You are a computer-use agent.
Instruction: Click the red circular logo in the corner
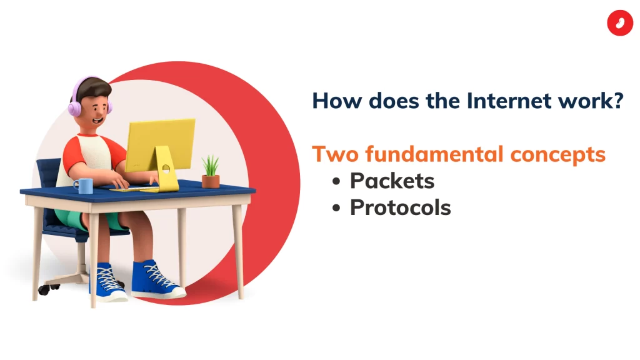619,23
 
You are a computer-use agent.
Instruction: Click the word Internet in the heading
508,101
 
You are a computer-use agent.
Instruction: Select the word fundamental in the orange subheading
434,154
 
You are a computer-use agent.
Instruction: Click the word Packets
392,181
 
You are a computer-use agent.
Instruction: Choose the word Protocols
401,207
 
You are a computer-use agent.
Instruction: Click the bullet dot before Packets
336,181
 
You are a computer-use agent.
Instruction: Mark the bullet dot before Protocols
336,208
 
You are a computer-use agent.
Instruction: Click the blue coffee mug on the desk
84,186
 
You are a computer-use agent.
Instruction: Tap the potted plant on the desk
211,172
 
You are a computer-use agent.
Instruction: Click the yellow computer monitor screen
161,144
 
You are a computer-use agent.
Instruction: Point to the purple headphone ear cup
74,109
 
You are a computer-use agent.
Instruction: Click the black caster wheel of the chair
44,290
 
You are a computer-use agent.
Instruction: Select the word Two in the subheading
336,154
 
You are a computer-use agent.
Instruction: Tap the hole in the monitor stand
166,168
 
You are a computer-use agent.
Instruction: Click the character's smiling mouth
97,121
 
